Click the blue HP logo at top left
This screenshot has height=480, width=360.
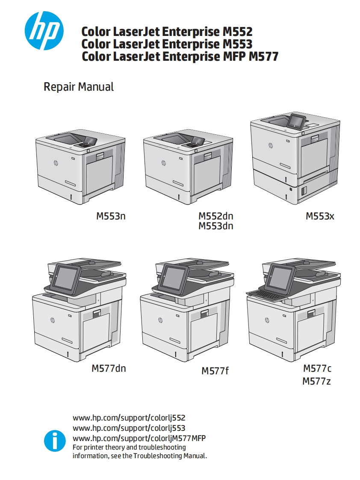pos(44,31)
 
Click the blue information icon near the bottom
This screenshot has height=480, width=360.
pos(55,441)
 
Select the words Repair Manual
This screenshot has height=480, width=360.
pos(79,87)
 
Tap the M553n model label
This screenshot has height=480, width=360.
pos(111,216)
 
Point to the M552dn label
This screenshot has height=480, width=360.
pos(216,216)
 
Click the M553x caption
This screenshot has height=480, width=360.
pos(320,216)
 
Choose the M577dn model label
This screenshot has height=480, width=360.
pos(109,368)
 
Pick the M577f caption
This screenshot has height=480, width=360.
pos(215,371)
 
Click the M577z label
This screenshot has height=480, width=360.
pos(316,382)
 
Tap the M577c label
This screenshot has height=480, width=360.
pos(317,368)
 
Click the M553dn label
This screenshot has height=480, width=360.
pos(216,226)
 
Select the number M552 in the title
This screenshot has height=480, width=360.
pos(238,32)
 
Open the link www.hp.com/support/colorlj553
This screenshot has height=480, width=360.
pos(129,428)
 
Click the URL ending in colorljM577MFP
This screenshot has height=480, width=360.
pos(139,438)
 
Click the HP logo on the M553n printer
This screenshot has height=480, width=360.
pos(56,163)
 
